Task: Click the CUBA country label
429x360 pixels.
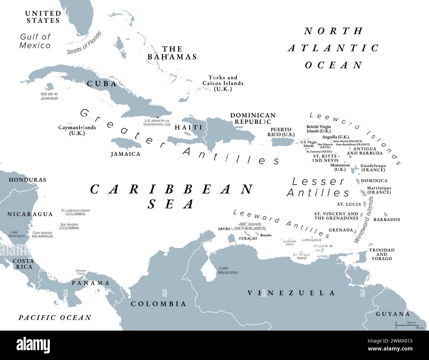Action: coord(102,84)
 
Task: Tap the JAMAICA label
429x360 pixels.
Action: coord(125,154)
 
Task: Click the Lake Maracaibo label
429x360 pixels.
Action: coord(228,270)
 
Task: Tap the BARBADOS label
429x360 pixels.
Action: coord(387,219)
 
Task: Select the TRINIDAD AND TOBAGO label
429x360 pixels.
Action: coord(381,254)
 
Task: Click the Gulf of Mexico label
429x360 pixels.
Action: coord(35,41)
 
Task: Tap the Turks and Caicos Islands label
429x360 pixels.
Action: coord(223,83)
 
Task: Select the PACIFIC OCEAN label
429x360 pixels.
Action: coord(55,318)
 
